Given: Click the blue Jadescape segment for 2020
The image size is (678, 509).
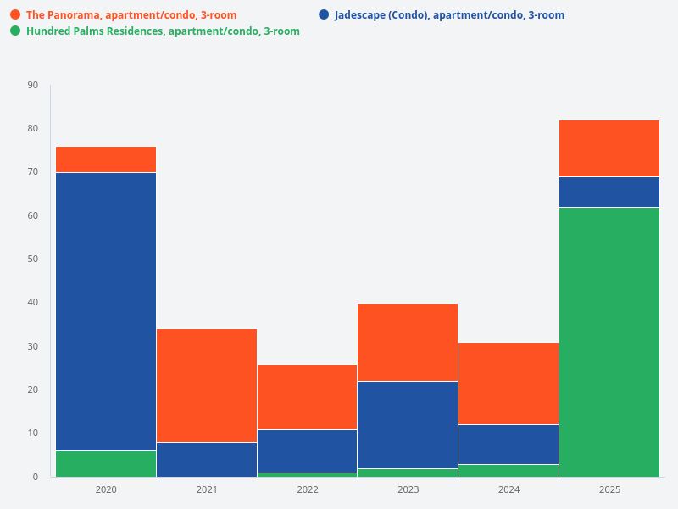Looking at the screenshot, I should point(106,311).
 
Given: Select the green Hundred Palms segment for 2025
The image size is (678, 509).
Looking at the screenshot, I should point(609,342).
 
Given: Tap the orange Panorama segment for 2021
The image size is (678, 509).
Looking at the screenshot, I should point(207,385).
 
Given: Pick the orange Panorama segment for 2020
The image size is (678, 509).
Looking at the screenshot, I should point(106,159).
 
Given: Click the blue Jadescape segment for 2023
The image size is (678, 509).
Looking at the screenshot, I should point(408,424).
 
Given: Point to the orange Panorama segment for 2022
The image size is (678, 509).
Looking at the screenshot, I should point(307,397).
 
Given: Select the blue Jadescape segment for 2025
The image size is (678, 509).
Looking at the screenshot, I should point(609,192).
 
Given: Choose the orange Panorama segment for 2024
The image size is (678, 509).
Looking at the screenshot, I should point(508,383).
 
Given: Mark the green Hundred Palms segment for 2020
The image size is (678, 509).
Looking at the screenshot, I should point(106,463).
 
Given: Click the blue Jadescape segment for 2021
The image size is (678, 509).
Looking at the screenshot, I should point(207,459).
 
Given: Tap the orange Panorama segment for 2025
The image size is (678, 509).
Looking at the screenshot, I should point(609,148).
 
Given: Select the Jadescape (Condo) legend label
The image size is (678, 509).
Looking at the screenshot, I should point(449,15).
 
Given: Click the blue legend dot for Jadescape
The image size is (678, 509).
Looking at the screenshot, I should point(324,15).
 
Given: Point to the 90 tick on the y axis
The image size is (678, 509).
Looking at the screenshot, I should point(33,85).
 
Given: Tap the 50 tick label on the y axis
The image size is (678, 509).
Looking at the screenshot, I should point(33,259).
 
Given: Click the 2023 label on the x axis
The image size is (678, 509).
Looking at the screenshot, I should point(408,489).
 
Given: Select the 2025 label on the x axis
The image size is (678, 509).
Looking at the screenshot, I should point(609,489).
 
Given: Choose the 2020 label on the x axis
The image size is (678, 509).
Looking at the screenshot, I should point(106,489).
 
